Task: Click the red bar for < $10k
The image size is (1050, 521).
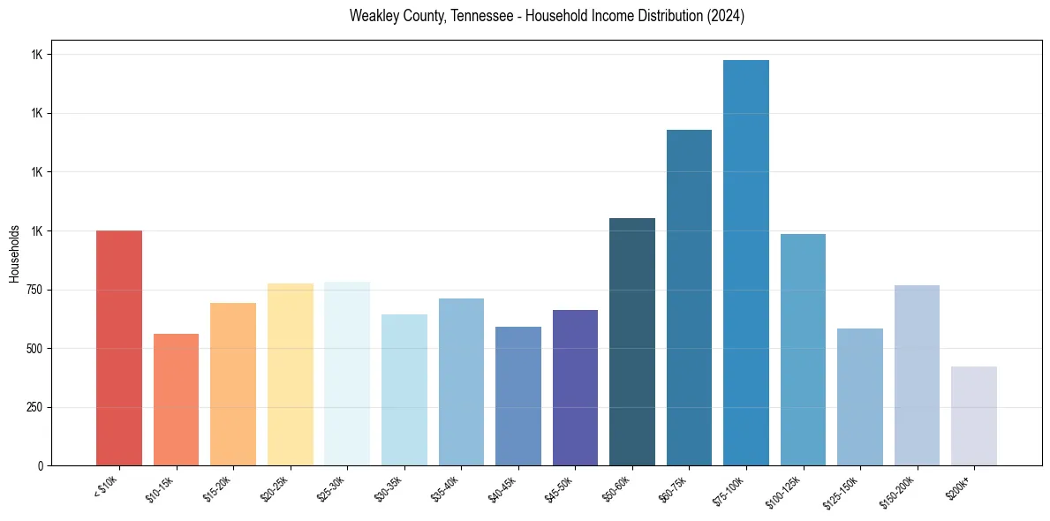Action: [118, 348]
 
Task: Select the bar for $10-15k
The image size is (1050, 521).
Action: [176, 399]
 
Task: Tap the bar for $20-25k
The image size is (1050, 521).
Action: [290, 374]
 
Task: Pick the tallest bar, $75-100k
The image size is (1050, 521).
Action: [746, 263]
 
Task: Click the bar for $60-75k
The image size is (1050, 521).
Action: [689, 298]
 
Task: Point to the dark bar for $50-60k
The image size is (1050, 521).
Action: [632, 342]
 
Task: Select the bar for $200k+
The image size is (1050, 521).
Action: [974, 416]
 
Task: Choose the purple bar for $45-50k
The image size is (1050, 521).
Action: [575, 388]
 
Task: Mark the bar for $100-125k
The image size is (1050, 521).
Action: [803, 350]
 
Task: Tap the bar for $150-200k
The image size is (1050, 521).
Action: [917, 375]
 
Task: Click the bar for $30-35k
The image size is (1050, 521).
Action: [404, 389]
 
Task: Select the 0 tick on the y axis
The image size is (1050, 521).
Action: [41, 465]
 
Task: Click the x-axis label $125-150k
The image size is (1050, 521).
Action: [842, 490]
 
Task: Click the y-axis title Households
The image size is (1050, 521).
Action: [14, 253]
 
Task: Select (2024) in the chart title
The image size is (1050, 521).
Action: [724, 16]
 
